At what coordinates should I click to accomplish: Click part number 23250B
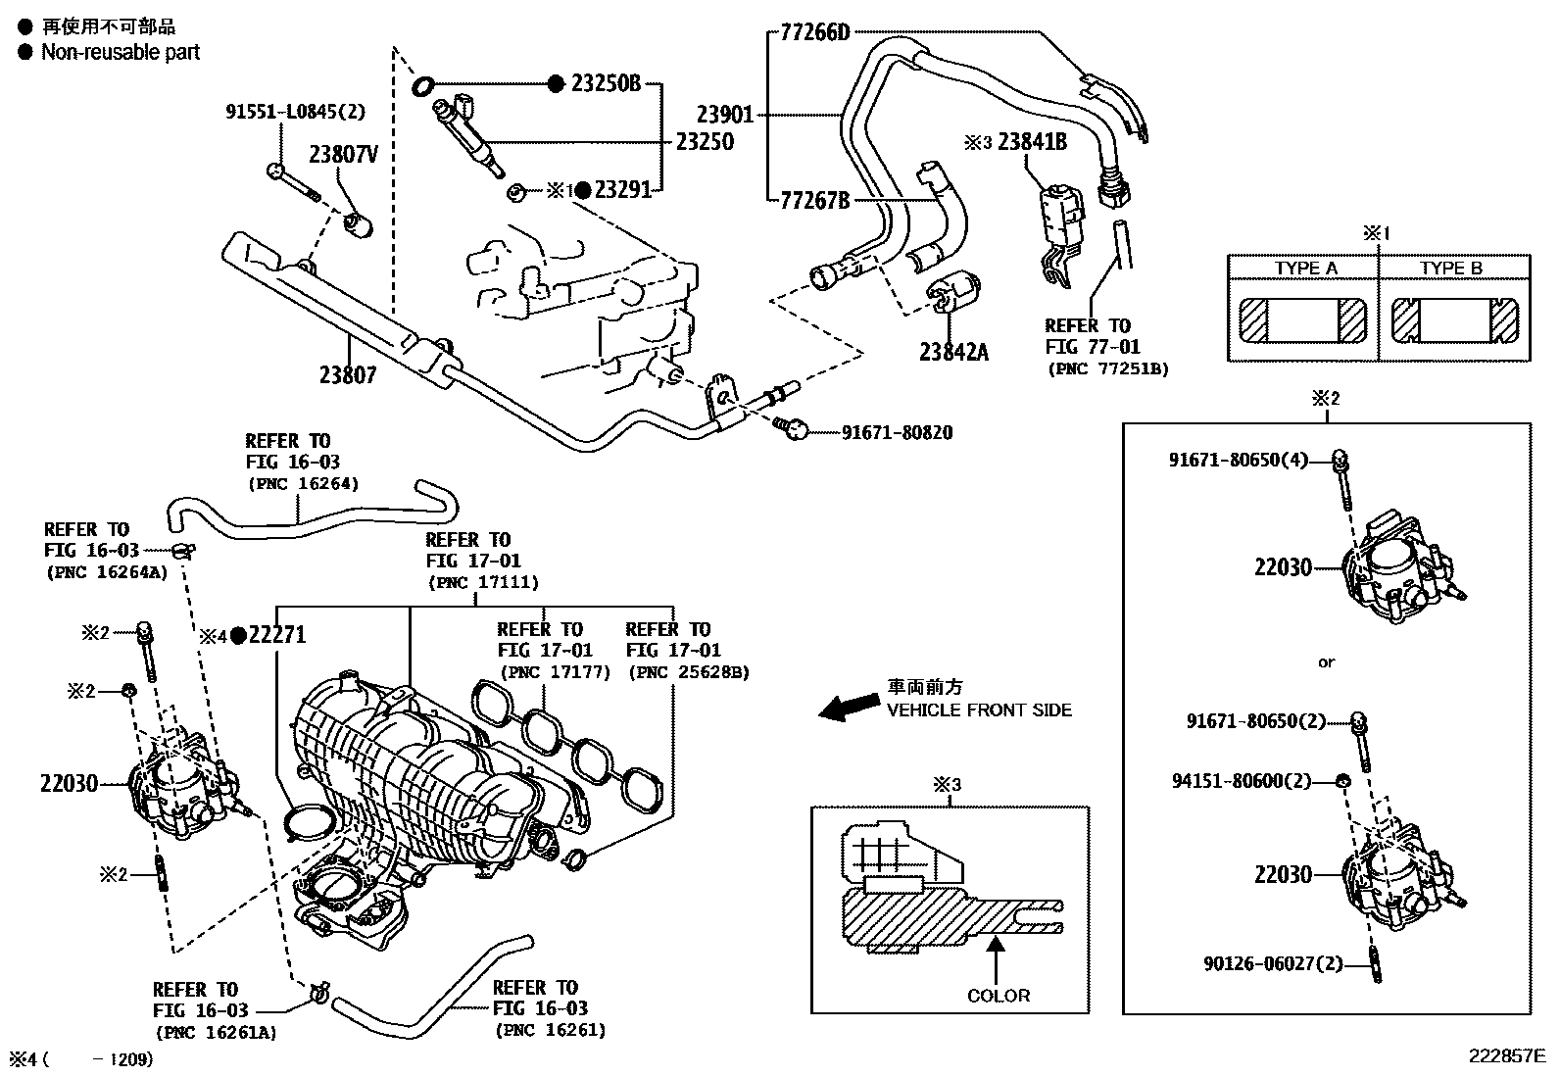(x=606, y=83)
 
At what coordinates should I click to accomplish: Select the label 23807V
(x=343, y=154)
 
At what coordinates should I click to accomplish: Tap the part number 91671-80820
(x=897, y=432)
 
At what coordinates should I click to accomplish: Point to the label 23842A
(x=953, y=351)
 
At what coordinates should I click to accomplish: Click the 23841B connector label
(x=1032, y=143)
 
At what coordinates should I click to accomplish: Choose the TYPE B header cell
(x=1451, y=268)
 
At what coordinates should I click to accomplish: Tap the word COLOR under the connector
(x=999, y=996)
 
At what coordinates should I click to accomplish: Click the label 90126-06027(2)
(x=1273, y=963)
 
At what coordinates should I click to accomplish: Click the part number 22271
(x=277, y=634)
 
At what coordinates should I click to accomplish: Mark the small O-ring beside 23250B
(x=423, y=86)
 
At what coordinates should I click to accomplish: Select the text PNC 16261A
(x=215, y=1031)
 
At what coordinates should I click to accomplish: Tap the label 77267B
(x=814, y=201)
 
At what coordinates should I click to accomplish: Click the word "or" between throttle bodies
(x=1326, y=662)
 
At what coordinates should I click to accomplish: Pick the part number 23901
(x=725, y=115)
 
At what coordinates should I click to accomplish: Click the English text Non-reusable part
(x=120, y=52)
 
